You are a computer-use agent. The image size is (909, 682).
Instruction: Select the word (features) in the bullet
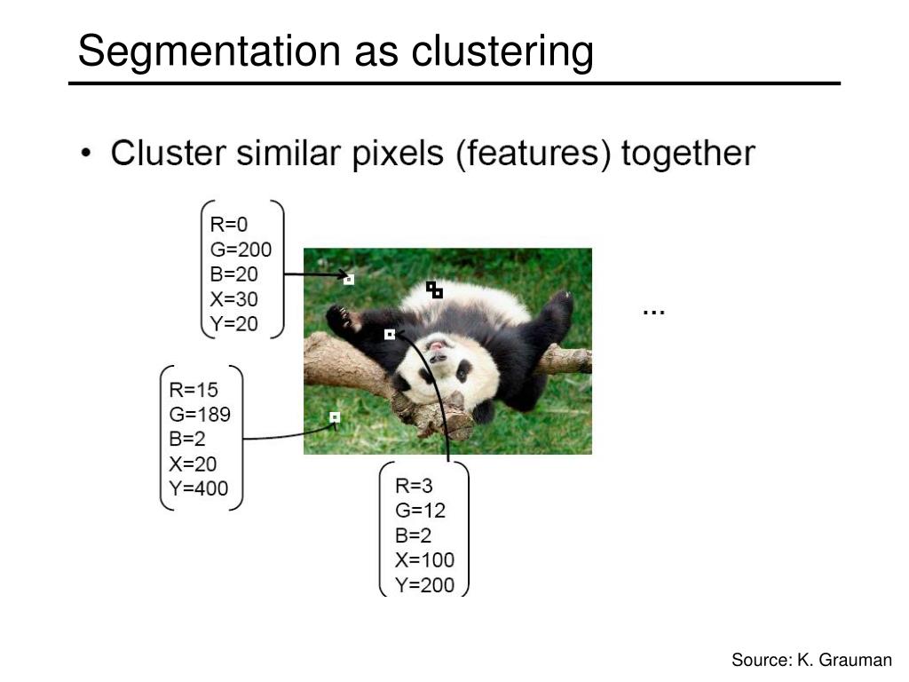tap(534, 155)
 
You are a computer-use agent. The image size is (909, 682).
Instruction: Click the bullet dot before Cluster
tap(86, 153)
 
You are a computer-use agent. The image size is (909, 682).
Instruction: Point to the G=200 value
tap(241, 250)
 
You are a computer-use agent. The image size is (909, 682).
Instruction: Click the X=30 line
tap(233, 299)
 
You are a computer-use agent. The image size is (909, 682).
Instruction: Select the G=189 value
tap(200, 414)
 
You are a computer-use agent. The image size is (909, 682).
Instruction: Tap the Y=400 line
tap(198, 488)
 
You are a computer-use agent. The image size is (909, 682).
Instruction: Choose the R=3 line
tap(414, 486)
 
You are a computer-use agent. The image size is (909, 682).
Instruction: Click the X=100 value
tap(424, 559)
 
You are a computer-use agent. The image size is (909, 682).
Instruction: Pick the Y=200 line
tap(424, 584)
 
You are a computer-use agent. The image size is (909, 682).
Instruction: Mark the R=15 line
tap(193, 389)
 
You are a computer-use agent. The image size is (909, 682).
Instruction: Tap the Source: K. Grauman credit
tap(811, 660)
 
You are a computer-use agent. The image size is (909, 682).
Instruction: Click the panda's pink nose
tap(437, 346)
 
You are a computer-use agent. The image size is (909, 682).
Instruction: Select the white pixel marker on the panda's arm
tap(390, 335)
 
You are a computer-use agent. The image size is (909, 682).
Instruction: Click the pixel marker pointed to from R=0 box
tap(348, 280)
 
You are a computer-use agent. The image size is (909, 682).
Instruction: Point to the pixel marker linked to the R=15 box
tap(335, 417)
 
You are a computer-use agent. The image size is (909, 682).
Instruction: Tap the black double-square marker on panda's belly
tap(434, 289)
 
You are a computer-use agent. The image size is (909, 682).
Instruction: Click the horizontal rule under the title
tap(454, 83)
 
